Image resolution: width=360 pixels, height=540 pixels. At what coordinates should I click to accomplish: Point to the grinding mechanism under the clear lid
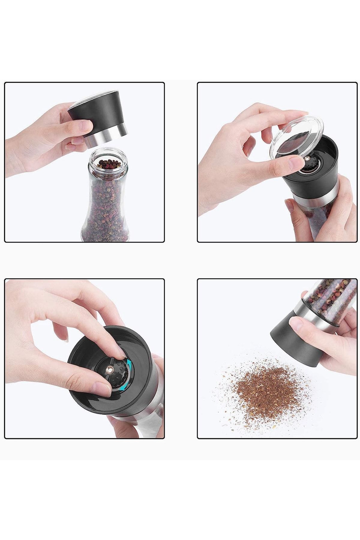coord(309,163)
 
